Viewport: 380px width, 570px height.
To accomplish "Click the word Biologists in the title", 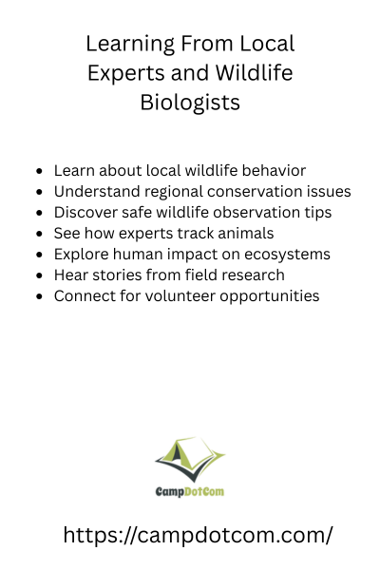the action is (x=190, y=103).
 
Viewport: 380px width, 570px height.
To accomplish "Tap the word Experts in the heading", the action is (x=126, y=73).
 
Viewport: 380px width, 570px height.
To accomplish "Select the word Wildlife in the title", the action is (x=254, y=72).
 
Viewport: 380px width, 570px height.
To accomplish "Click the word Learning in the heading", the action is (x=130, y=45).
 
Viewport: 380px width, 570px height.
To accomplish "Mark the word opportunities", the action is (x=270, y=296).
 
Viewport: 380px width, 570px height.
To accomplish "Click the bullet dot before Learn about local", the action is (x=39, y=171).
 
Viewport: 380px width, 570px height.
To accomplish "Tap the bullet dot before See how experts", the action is (x=39, y=234).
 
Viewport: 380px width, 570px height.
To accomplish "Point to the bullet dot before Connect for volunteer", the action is (x=39, y=296).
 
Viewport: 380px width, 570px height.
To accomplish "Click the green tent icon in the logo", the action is (x=190, y=459).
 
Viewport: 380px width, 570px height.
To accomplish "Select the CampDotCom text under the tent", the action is (x=190, y=491).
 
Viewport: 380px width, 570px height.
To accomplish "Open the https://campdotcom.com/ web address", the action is (x=198, y=535).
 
